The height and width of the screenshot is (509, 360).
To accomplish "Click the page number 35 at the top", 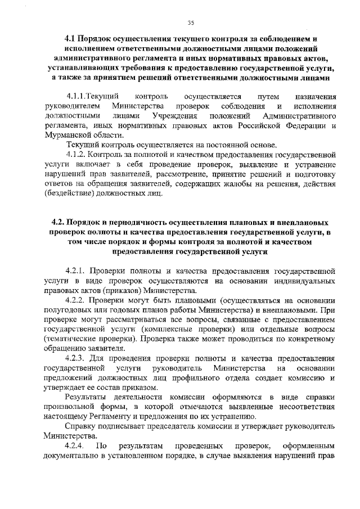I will tap(191, 22).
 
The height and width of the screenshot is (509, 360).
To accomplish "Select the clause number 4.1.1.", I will tap(76, 97).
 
